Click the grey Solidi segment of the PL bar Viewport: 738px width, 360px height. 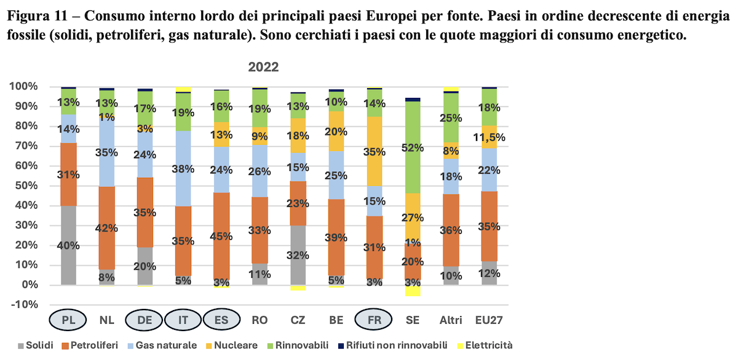click(68, 246)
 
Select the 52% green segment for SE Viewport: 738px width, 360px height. click(413, 147)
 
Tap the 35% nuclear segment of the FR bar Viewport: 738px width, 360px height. click(375, 151)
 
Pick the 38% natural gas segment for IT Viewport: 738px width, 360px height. click(183, 169)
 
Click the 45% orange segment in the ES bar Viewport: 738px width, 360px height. click(221, 236)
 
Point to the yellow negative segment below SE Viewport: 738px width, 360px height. click(413, 290)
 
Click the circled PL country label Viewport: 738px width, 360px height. click(68, 320)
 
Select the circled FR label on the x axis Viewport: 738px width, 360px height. click(374, 320)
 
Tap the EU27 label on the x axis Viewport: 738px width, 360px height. click(489, 320)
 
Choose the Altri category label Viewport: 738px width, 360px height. click(451, 320)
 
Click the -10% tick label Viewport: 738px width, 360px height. click(25, 305)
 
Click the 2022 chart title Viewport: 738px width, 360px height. click(263, 67)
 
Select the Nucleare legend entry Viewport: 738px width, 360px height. click(232, 345)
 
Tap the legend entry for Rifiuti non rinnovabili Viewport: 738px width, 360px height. click(393, 345)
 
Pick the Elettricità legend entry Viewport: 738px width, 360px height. click(485, 345)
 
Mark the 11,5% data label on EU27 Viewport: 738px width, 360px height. click(489, 137)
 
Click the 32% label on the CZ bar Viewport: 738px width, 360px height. click(298, 255)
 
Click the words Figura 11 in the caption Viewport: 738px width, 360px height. click(38, 16)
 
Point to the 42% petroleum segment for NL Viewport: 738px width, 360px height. click(107, 228)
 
